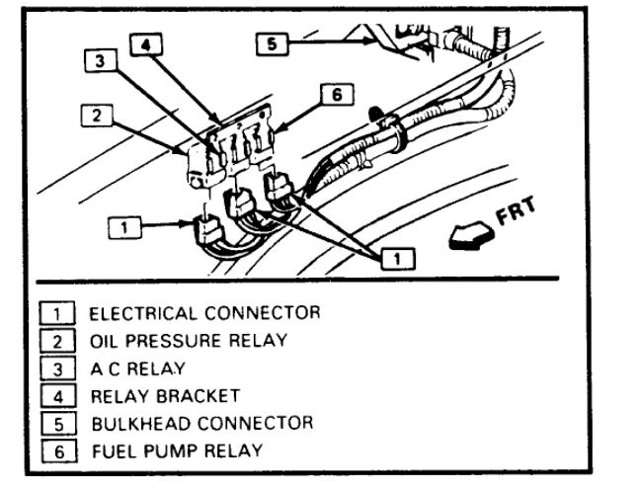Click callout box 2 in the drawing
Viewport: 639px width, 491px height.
pos(97,116)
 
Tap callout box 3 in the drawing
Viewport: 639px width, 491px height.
pos(101,61)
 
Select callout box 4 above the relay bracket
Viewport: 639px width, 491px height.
pos(146,44)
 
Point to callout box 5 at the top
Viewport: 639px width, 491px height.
pos(272,43)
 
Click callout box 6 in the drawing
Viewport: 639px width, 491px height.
pos(337,94)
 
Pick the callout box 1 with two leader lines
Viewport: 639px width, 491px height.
pos(398,258)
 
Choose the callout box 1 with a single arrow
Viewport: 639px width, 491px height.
pos(124,227)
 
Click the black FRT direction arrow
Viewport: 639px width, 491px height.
pos(471,236)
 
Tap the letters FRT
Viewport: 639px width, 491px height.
pos(516,210)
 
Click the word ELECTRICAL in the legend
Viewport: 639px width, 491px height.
pos(143,313)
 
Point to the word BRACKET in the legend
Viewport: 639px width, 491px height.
pos(199,396)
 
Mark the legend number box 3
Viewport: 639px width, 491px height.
pos(58,368)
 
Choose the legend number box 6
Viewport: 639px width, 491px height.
pos(59,451)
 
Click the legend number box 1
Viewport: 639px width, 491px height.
pos(57,313)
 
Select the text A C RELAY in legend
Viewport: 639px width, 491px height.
pos(137,368)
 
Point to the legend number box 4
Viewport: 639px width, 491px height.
pos(58,396)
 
